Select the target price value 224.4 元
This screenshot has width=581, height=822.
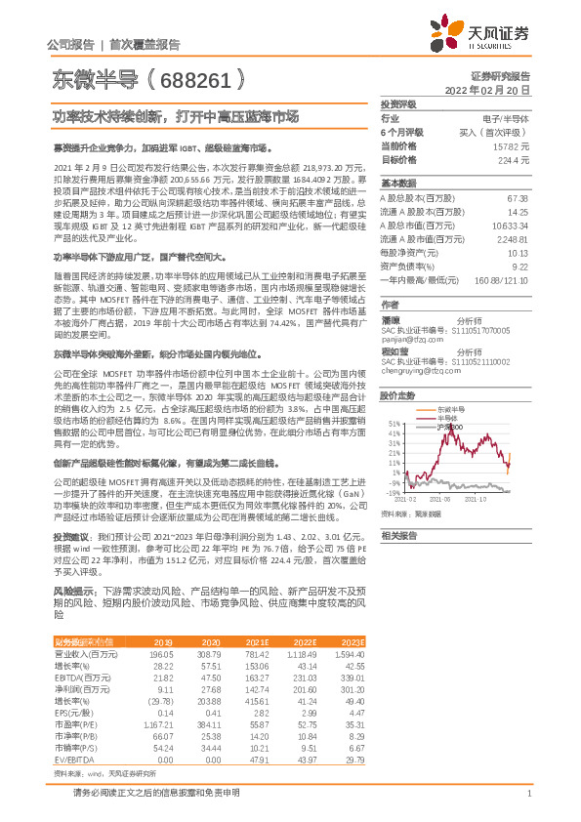coord(514,159)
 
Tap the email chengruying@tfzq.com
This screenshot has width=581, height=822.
coord(422,371)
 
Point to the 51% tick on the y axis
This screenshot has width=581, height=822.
coord(393,423)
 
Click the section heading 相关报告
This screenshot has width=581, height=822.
coord(398,535)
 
